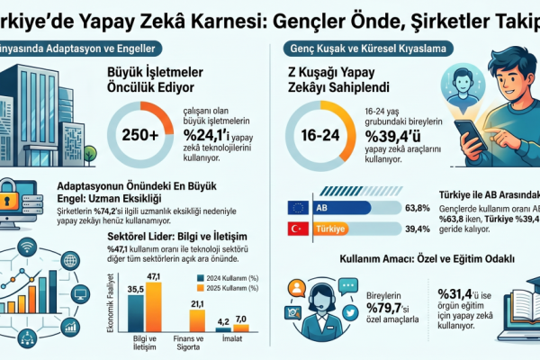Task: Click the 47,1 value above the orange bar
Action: (152, 275)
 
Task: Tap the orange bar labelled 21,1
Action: (198, 325)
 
